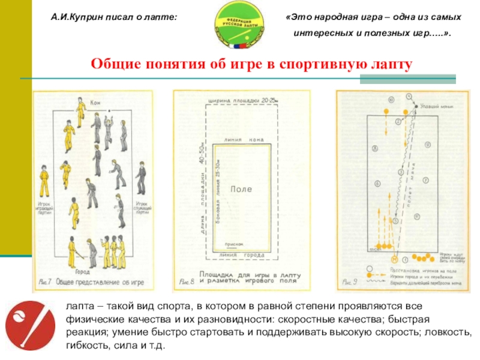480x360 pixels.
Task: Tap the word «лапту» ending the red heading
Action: tap(396, 64)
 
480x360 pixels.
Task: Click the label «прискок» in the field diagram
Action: tap(233, 244)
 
